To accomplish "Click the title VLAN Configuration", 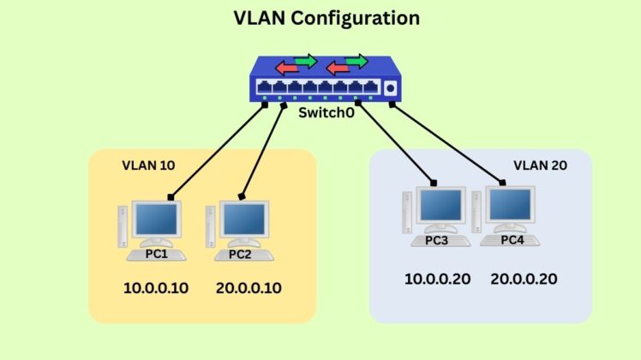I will pos(320,18).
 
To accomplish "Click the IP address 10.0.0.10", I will pos(155,288).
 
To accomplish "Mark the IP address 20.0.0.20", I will pos(525,279).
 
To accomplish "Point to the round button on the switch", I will pos(392,88).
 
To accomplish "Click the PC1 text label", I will pos(154,254).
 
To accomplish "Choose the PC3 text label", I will pos(436,240).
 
